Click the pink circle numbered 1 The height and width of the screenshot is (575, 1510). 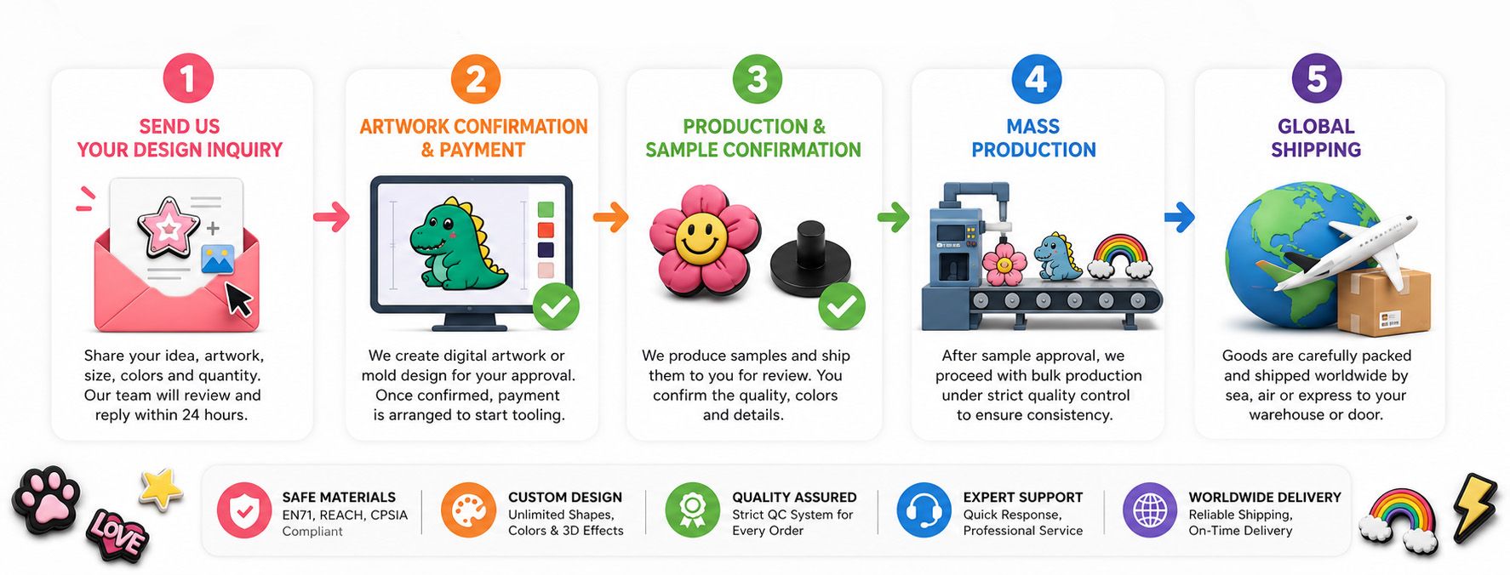[x=187, y=79]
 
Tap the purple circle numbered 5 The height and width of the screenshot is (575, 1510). [x=1316, y=79]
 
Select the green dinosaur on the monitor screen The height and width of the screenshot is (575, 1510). [x=457, y=243]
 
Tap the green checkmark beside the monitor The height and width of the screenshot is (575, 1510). [x=556, y=306]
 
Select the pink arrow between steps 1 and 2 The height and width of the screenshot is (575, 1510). [x=331, y=216]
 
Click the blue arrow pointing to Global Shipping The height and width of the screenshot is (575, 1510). [x=1179, y=216]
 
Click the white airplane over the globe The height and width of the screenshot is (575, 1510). [x=1345, y=252]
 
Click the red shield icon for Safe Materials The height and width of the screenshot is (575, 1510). [x=244, y=510]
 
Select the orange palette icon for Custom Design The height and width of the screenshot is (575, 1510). [x=468, y=510]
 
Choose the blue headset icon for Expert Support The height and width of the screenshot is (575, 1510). [x=924, y=510]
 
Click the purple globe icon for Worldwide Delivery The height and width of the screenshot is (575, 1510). [x=1150, y=510]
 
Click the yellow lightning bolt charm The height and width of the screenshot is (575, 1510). [x=1474, y=507]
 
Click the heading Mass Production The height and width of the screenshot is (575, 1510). [x=1033, y=138]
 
